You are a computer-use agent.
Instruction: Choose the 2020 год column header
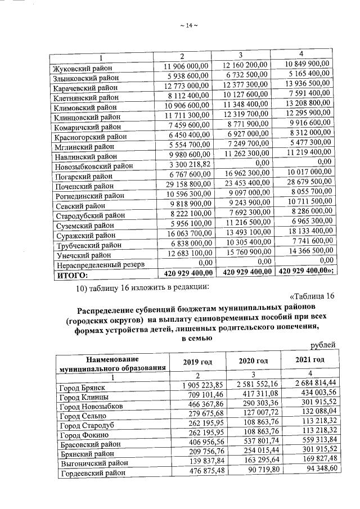point(250,360)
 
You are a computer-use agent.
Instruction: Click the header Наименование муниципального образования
point(111,364)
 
